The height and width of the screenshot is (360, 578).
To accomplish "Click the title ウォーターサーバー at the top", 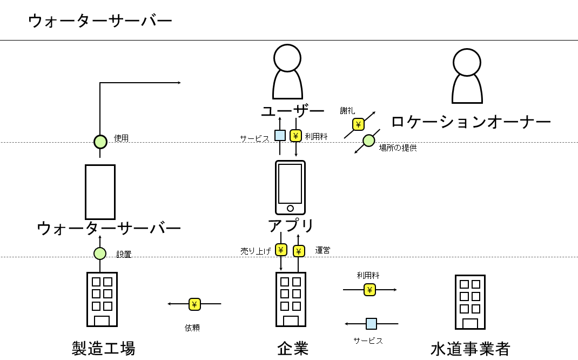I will tap(100, 21).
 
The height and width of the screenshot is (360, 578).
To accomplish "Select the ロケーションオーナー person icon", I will tap(467, 76).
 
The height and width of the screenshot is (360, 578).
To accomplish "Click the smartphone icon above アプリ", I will tap(290, 187).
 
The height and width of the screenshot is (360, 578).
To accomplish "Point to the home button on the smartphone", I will tap(290, 208).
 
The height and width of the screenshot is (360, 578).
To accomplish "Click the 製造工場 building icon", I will tap(102, 299).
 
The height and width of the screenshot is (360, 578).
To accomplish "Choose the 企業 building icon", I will tap(291, 299).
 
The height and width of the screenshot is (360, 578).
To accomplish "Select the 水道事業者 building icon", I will tap(470, 302).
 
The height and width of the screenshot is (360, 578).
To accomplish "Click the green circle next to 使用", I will tap(100, 142).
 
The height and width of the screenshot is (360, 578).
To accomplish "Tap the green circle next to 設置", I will tap(100, 253).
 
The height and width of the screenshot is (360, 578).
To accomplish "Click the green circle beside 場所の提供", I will tap(368, 141).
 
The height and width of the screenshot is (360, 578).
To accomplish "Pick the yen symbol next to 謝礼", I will tap(358, 124).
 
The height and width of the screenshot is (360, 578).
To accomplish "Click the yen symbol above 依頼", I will tap(194, 304).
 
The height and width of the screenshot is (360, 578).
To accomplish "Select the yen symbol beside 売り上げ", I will tap(281, 249).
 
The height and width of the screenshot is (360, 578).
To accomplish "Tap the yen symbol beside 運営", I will tap(299, 251).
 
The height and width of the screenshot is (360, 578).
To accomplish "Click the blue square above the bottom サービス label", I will tap(371, 323).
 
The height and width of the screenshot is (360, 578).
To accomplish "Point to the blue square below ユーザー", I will tap(280, 135).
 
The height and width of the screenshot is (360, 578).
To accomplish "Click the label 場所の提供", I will tap(398, 148).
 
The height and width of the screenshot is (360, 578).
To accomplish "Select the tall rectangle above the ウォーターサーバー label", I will tap(100, 192).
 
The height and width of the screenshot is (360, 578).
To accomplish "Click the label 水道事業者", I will tap(470, 349).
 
